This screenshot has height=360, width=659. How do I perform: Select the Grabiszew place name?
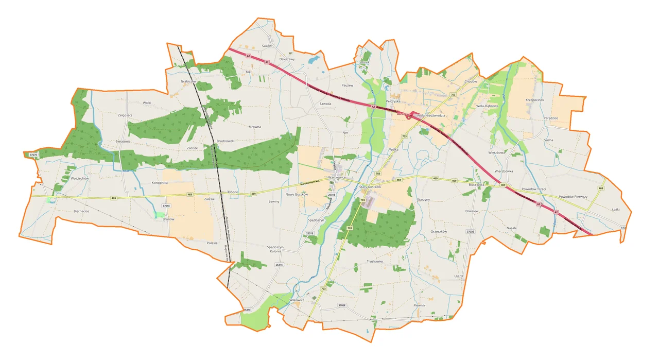click(x=188, y=81)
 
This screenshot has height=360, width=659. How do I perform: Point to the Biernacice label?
click(x=81, y=211)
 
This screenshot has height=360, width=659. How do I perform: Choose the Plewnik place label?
click(x=420, y=305)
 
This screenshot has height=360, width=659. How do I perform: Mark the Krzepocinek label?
click(x=535, y=100)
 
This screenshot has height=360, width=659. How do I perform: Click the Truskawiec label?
click(x=375, y=261)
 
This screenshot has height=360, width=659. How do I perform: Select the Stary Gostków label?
click(x=370, y=186)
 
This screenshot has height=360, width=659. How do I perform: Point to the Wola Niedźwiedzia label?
click(x=431, y=115)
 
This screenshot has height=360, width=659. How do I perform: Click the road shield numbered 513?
click(x=623, y=228)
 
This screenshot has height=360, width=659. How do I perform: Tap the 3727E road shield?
click(x=33, y=155)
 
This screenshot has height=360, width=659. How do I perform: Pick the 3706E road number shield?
click(x=342, y=305)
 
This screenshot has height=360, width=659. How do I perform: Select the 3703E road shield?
click(x=470, y=232)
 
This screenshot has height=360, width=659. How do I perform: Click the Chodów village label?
click(x=471, y=81)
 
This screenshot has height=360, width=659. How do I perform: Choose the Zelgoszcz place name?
click(x=125, y=115)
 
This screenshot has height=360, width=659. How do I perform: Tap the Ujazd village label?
click(x=459, y=277)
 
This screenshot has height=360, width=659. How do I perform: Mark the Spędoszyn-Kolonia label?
click(x=279, y=249)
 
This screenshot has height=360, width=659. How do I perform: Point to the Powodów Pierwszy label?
click(x=573, y=197)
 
